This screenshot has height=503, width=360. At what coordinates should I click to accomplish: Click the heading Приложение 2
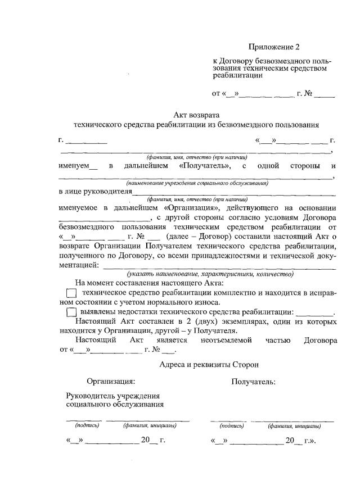[x=278, y=47]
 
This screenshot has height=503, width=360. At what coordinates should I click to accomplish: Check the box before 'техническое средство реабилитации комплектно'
[x=71, y=293]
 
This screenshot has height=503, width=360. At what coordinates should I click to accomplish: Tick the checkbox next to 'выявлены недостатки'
[x=71, y=312]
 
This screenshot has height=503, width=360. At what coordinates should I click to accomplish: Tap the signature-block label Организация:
[x=111, y=382]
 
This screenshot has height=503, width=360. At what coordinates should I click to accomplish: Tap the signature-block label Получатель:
[x=253, y=382]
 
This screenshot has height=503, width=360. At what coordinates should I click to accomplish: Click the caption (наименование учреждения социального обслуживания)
[x=197, y=183]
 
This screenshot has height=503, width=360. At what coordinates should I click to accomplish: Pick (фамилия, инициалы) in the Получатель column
[x=294, y=425]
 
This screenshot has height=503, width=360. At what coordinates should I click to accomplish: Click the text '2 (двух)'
[x=200, y=321]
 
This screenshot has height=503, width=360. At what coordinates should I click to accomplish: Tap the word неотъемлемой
[x=225, y=340]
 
